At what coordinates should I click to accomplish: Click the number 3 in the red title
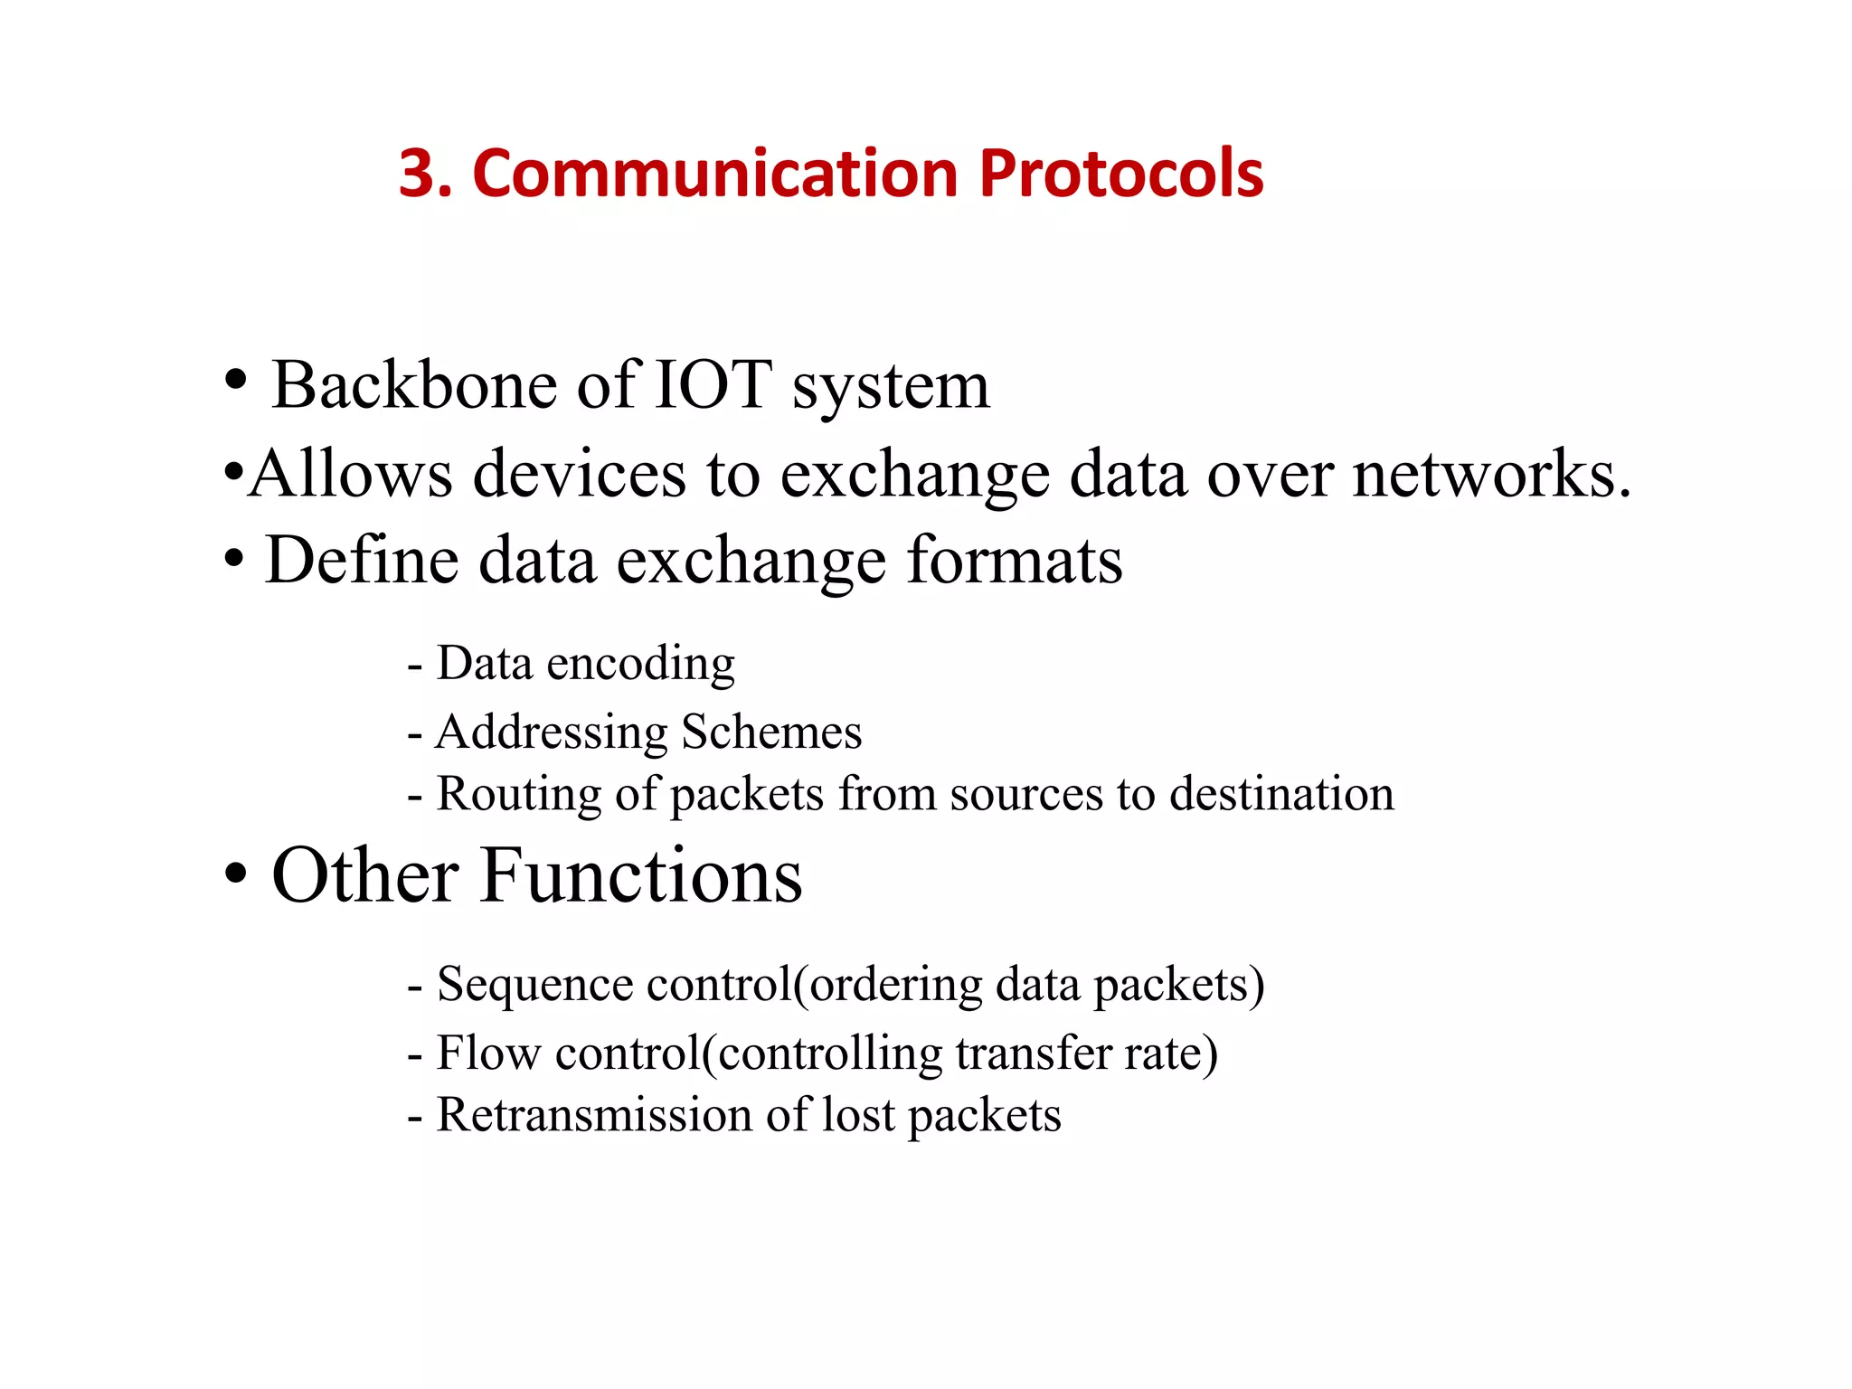pos(419,174)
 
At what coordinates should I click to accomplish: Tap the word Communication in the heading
pos(714,174)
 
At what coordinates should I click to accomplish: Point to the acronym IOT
pos(713,386)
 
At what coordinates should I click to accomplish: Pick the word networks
pos(1491,474)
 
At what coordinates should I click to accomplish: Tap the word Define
pos(362,560)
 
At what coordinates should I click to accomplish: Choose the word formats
pos(1014,560)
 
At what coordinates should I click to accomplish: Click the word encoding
pos(641,665)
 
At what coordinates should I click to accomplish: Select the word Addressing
pos(551,732)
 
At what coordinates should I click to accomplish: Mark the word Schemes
pos(771,732)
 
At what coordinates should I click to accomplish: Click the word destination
pos(1281,794)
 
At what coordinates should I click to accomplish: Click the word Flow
pos(488,1054)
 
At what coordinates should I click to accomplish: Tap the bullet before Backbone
pos(235,380)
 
